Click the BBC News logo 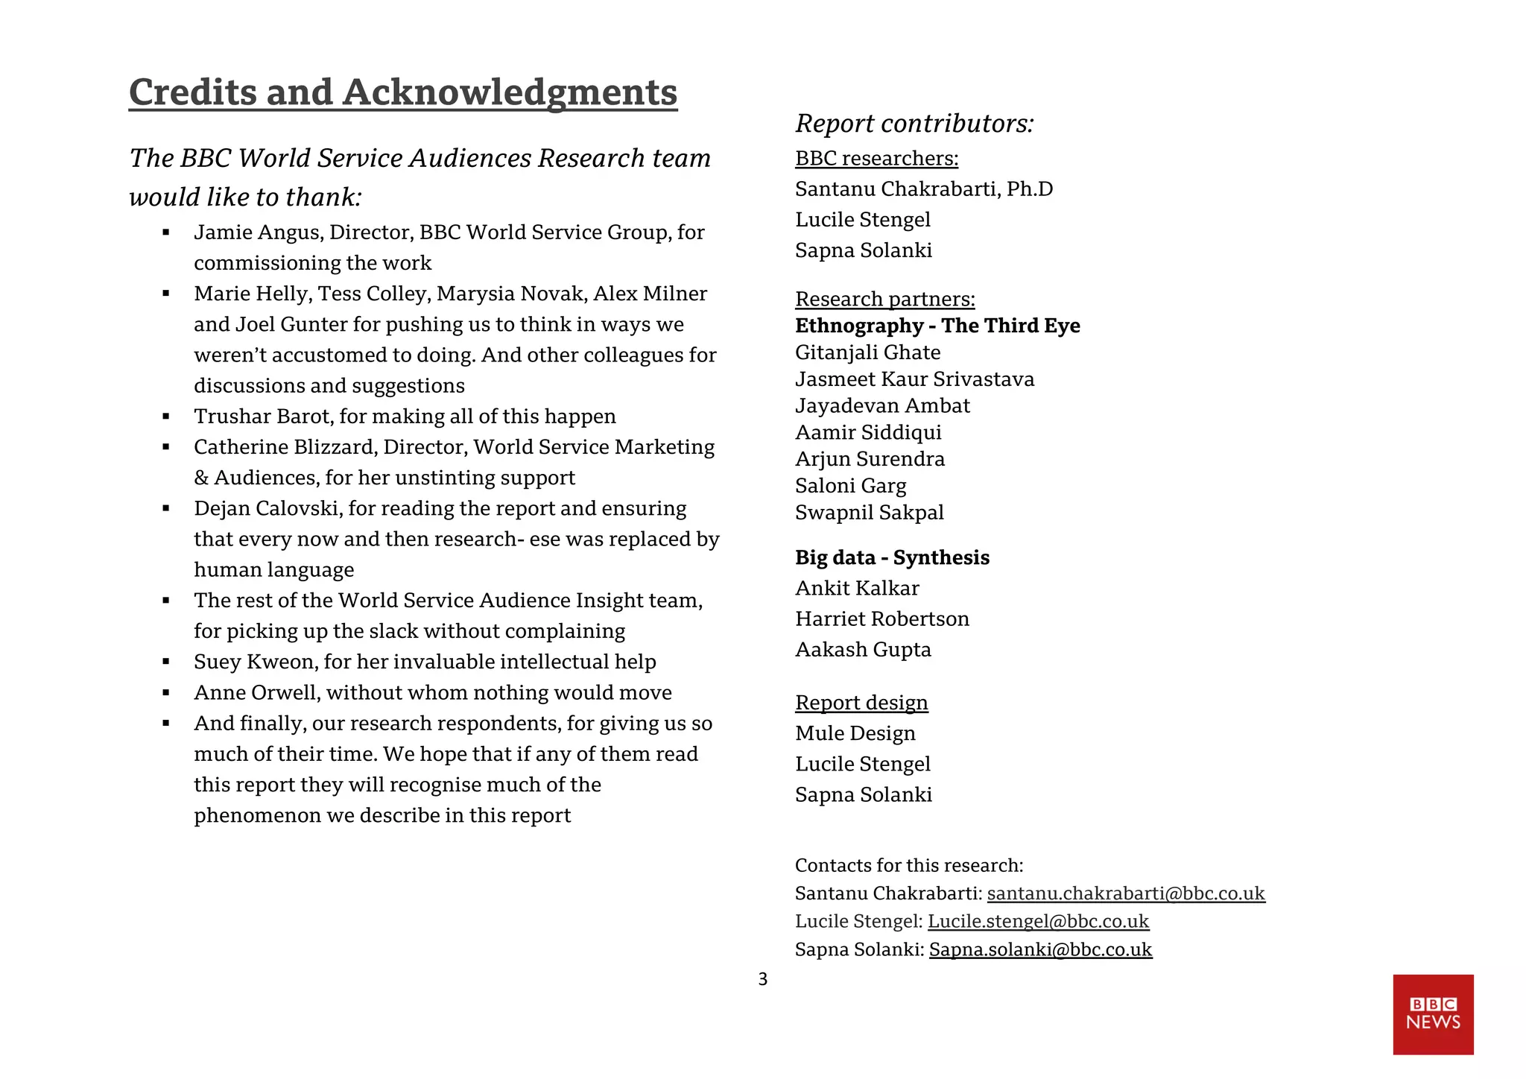[x=1432, y=1014]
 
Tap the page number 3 [x=762, y=979]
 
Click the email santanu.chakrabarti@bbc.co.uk [x=1125, y=893]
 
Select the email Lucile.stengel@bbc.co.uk [x=1038, y=921]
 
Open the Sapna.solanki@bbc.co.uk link [x=1040, y=949]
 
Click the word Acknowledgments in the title [x=510, y=92]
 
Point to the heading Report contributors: [x=914, y=123]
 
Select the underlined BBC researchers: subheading [x=876, y=158]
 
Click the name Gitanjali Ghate [x=867, y=352]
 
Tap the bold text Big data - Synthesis [x=892, y=557]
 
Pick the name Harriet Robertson [x=881, y=618]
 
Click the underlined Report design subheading [x=861, y=703]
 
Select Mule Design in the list [x=855, y=733]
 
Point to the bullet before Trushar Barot [x=166, y=417]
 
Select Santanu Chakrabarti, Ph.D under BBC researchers [x=923, y=189]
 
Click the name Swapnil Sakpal [x=869, y=513]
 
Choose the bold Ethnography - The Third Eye [x=937, y=326]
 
